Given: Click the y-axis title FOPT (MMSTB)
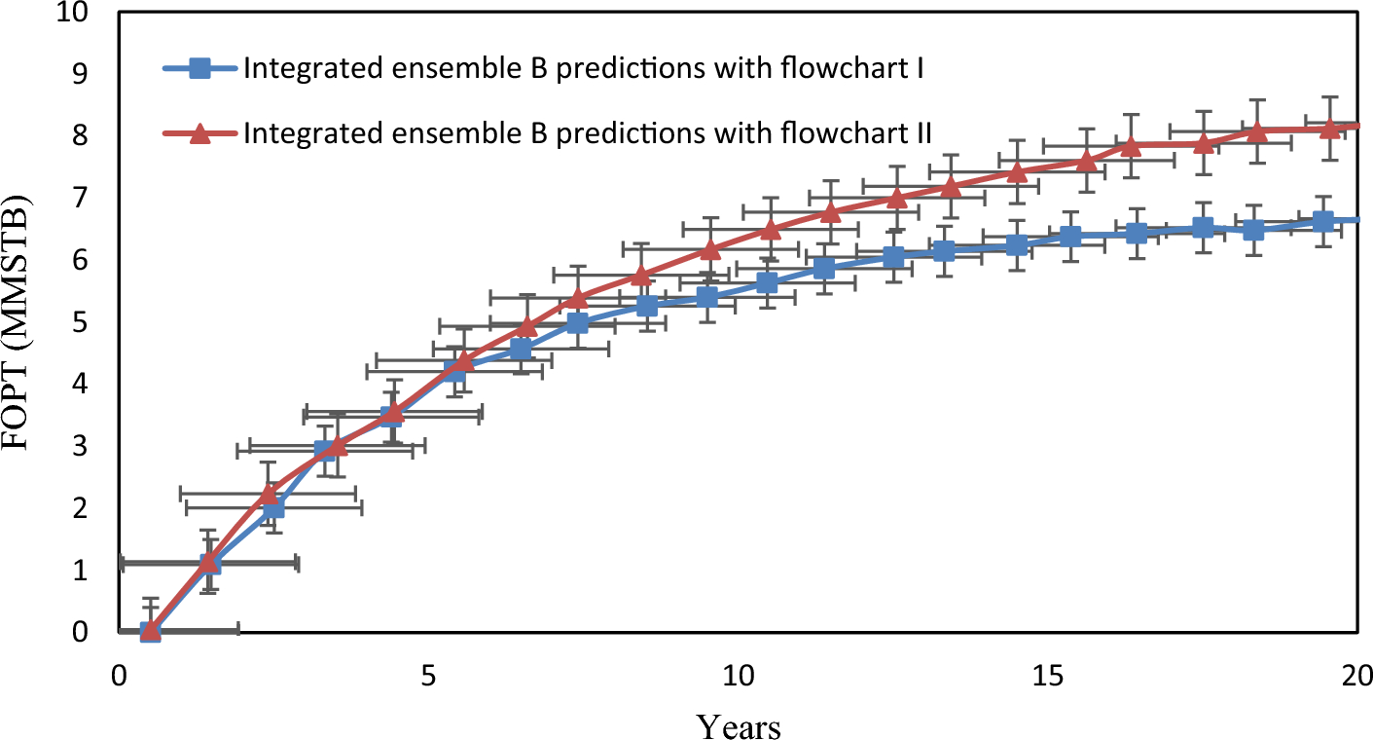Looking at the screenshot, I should (x=21, y=321).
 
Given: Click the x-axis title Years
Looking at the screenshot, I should (x=738, y=725).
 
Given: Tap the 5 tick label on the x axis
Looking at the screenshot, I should (x=427, y=675).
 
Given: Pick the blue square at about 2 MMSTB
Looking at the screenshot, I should (x=273, y=508).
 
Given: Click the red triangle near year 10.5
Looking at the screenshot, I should (x=770, y=230).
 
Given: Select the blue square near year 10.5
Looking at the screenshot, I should (x=767, y=282).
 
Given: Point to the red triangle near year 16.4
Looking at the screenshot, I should (x=1131, y=146).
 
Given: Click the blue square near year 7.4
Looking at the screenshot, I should (x=577, y=323).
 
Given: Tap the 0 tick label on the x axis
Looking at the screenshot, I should (x=119, y=675).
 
